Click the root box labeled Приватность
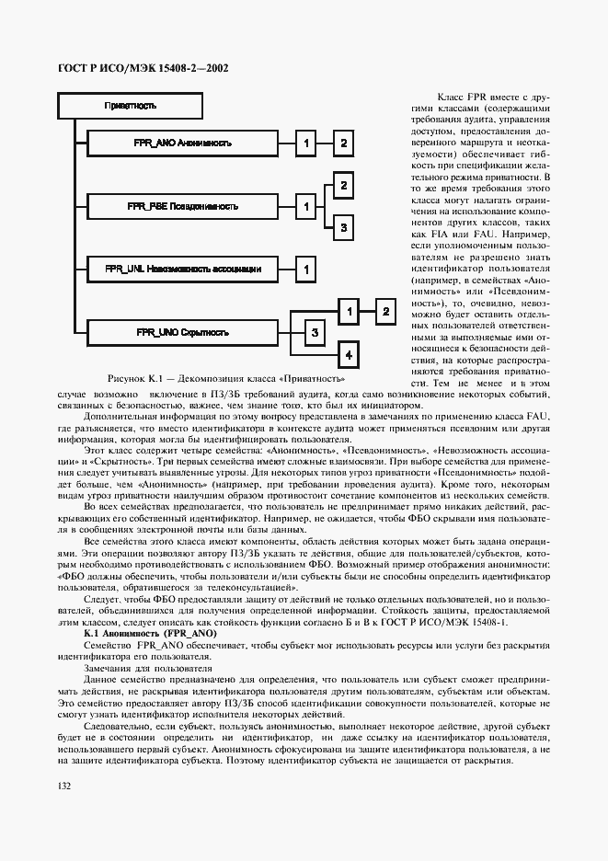pos(130,106)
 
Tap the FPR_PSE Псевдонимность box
pos(182,207)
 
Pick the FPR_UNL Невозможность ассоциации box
pos(183,269)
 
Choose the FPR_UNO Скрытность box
pos(182,331)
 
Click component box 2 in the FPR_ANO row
pos(341,143)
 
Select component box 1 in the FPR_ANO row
pos(305,143)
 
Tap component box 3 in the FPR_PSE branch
pos(342,226)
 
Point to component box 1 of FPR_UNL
pos(305,269)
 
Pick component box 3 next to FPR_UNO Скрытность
pos(314,331)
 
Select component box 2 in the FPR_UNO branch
pos(383,312)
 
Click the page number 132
pos(64,786)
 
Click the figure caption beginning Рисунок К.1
pos(226,379)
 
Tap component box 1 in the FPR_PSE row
pos(305,207)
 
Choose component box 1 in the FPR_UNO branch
pos(347,312)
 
